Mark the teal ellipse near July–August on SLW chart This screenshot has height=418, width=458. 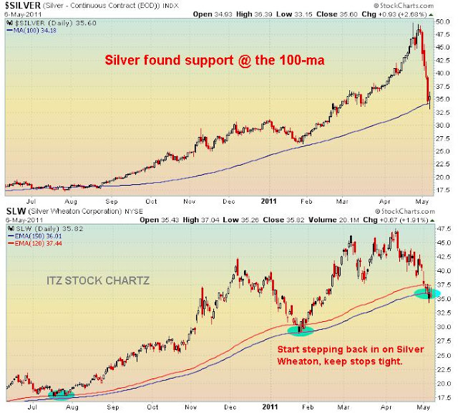60,394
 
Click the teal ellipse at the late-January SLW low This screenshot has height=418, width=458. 301,330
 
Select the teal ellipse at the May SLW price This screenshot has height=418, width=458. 427,293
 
